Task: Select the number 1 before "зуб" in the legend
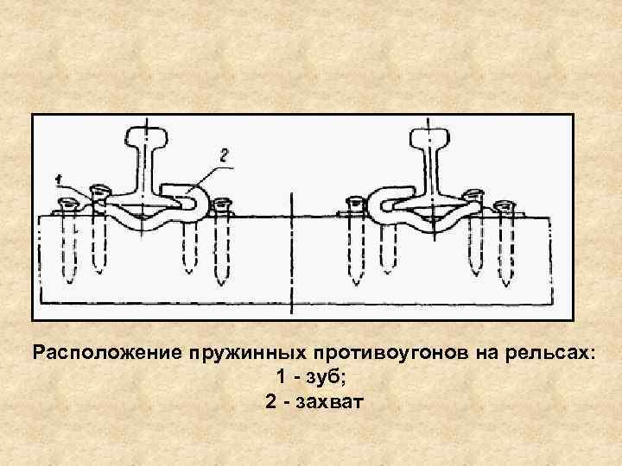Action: click(282, 377)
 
